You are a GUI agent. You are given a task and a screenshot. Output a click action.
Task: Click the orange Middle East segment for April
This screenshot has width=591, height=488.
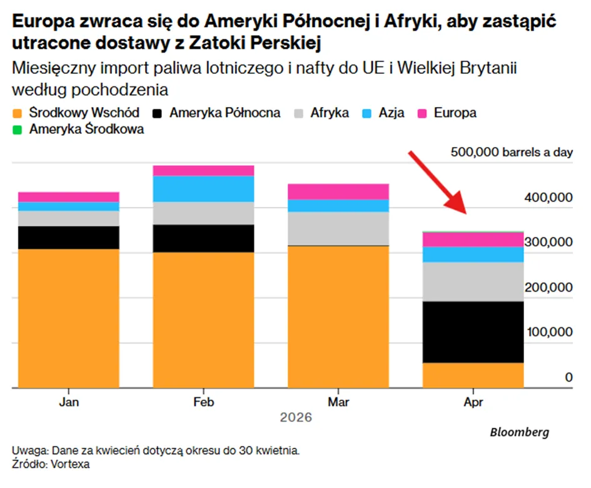click(473, 375)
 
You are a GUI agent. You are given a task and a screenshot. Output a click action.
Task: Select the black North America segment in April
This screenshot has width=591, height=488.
click(473, 332)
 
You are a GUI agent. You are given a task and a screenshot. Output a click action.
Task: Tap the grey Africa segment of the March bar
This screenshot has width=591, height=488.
click(338, 228)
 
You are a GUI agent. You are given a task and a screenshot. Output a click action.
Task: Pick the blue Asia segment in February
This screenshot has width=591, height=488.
click(203, 189)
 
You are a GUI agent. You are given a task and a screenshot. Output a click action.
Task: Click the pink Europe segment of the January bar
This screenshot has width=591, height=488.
click(69, 197)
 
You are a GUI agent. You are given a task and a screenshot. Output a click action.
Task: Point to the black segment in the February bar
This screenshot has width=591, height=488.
click(203, 238)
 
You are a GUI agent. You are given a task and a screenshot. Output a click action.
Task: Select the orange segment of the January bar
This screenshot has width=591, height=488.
click(69, 318)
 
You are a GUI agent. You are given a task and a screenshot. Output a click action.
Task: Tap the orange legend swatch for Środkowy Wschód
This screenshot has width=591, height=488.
click(18, 113)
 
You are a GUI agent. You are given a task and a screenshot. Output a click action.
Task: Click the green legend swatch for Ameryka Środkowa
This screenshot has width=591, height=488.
click(18, 130)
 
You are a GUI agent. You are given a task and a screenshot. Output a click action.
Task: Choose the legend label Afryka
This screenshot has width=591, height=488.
click(330, 113)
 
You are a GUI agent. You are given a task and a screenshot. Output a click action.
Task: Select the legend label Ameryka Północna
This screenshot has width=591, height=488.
click(225, 113)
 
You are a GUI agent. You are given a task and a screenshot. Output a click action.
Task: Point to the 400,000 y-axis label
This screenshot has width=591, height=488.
click(548, 197)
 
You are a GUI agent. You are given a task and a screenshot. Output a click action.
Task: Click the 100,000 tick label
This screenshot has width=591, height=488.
click(550, 332)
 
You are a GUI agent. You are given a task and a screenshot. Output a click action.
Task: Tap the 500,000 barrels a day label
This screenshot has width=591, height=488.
click(512, 152)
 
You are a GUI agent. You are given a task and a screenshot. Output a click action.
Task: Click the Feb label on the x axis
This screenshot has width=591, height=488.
click(203, 402)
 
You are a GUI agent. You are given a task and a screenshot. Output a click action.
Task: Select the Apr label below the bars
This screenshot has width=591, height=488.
click(473, 402)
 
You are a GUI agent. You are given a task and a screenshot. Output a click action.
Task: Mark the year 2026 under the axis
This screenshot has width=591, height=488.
click(296, 417)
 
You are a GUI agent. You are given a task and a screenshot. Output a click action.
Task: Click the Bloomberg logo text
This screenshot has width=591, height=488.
click(519, 432)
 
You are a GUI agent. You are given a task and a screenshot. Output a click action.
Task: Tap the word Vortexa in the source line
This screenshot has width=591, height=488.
click(70, 464)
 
